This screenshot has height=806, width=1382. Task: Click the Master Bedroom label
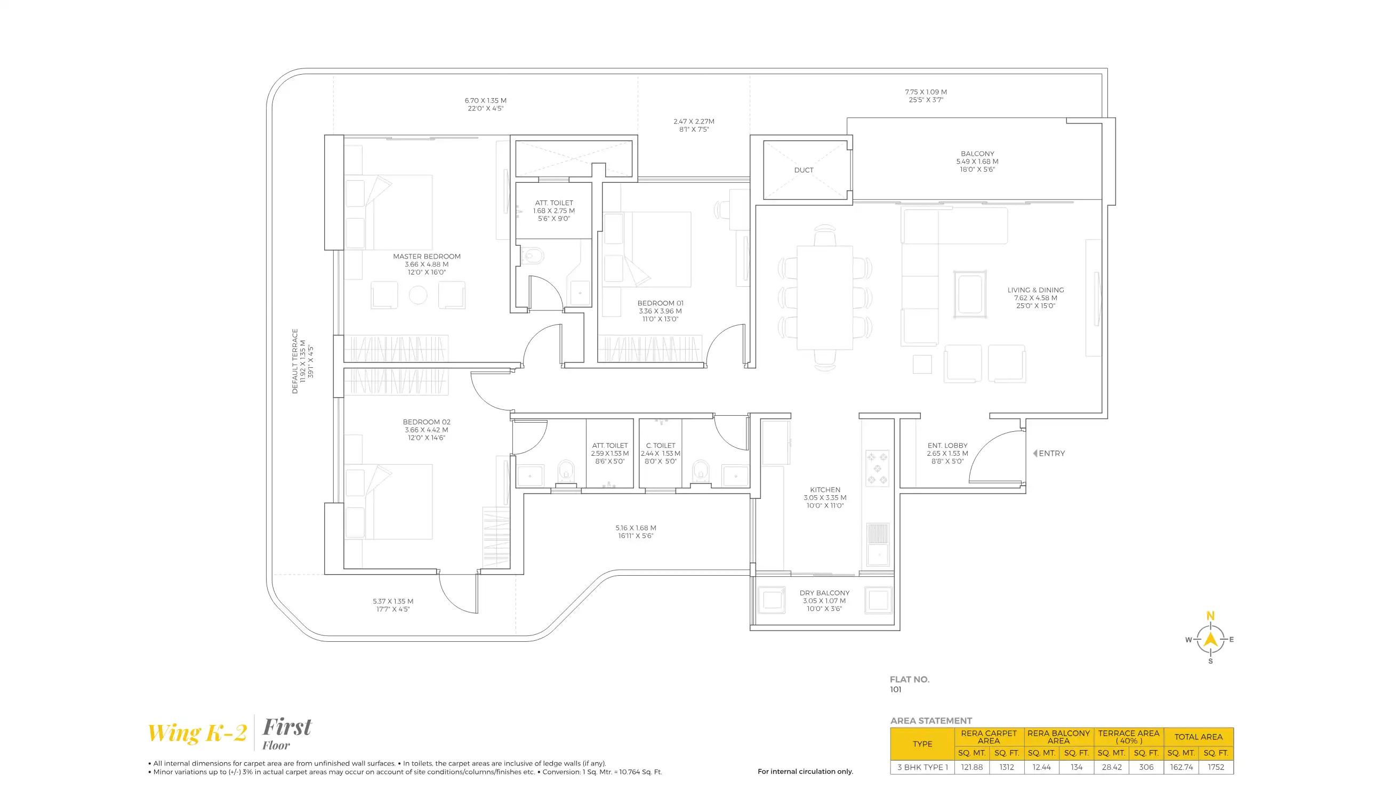point(426,256)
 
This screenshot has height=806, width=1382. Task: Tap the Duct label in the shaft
point(804,171)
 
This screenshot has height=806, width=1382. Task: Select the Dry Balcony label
point(824,593)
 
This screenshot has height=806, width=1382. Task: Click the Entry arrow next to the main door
point(1035,454)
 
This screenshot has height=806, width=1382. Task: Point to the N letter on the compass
point(1210,616)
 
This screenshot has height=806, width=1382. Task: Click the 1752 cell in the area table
point(1216,768)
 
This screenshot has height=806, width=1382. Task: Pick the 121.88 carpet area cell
point(972,768)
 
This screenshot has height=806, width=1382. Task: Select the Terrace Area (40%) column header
point(1129,737)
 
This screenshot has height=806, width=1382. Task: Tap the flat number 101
point(896,690)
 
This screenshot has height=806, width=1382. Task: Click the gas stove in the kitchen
point(877,469)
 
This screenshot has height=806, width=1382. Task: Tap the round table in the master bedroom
point(418,295)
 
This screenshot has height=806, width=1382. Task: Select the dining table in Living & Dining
point(824,298)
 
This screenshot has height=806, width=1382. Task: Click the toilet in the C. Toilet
point(700,471)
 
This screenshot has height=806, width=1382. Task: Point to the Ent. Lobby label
point(947,446)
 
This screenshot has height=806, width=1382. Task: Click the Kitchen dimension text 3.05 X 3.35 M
point(825,498)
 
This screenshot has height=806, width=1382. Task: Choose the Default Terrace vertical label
point(295,361)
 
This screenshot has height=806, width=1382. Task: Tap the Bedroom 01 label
point(660,303)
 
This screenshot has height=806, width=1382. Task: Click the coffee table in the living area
point(970,294)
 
